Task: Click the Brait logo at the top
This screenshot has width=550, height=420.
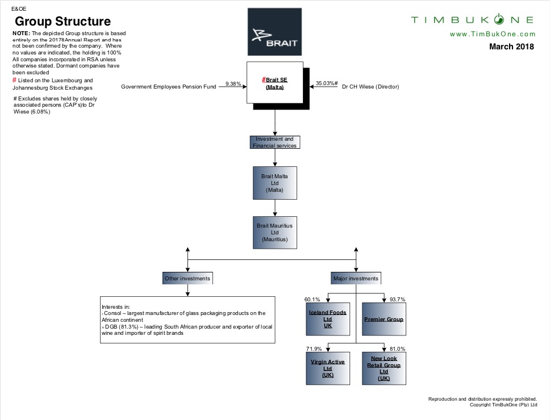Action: click(274, 32)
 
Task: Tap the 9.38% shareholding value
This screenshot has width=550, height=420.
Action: click(233, 84)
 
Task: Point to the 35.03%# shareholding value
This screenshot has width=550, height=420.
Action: click(327, 84)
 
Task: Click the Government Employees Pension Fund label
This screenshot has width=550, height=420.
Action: click(169, 87)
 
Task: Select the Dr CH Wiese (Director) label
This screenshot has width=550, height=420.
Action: click(370, 87)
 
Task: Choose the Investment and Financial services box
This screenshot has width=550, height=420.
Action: click(274, 142)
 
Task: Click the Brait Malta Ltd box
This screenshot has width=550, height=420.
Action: click(274, 183)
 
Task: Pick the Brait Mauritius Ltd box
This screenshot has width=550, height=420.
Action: click(274, 233)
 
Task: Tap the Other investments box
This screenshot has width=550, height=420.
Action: click(187, 278)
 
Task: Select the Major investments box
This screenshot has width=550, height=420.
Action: click(356, 278)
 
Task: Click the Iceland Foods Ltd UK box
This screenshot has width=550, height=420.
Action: click(327, 320)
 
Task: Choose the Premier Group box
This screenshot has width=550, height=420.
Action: click(384, 320)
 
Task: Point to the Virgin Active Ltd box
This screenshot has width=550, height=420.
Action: click(327, 368)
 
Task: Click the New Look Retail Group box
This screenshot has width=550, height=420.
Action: click(384, 368)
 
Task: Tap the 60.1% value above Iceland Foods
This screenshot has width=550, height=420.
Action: click(312, 299)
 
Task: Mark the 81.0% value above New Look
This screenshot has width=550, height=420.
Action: click(397, 348)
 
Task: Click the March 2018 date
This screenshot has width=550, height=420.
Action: click(511, 47)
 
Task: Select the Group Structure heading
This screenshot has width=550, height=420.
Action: click(63, 22)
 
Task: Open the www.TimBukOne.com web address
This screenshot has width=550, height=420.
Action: click(492, 35)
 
